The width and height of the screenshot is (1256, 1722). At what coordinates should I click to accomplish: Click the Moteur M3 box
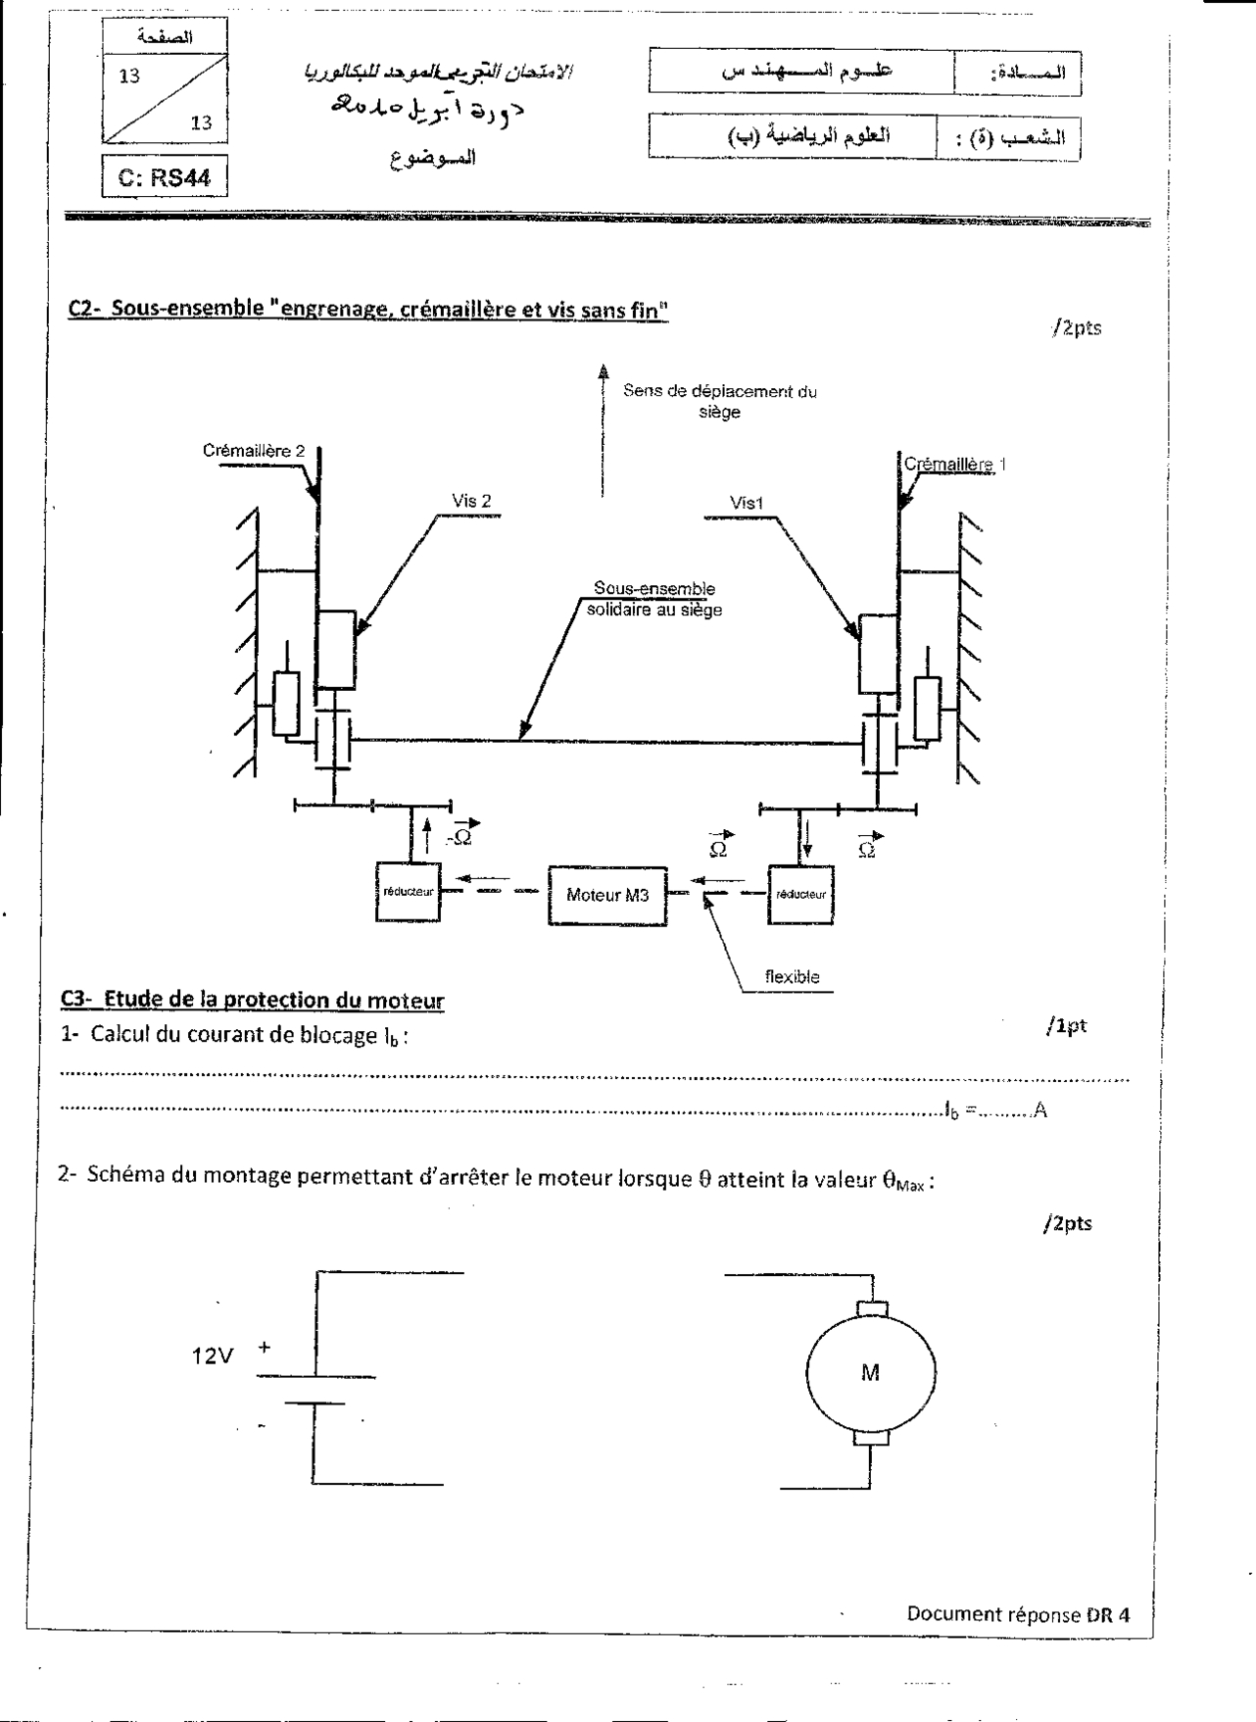click(607, 895)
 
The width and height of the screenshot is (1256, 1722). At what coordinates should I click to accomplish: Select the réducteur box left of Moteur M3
click(408, 892)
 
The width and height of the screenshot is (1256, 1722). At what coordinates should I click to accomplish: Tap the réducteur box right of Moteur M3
click(801, 893)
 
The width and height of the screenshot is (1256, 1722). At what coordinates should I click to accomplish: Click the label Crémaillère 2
click(254, 451)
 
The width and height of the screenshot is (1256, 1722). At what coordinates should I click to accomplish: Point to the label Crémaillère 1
click(953, 465)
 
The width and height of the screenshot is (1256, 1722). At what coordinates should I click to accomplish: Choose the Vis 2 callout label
click(471, 501)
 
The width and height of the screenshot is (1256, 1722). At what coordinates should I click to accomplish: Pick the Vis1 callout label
click(747, 503)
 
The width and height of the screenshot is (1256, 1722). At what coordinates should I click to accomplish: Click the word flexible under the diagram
click(792, 976)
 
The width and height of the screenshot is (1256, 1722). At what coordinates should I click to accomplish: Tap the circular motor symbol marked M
click(870, 1372)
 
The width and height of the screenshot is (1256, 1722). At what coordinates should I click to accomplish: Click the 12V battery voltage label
click(213, 1356)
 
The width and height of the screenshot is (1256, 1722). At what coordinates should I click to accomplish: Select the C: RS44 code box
click(164, 177)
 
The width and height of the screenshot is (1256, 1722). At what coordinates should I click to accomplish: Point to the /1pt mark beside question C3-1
click(1066, 1026)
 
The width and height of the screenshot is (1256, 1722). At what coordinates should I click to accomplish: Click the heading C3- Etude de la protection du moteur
click(253, 1000)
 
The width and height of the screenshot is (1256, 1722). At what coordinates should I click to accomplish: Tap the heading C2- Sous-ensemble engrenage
click(368, 308)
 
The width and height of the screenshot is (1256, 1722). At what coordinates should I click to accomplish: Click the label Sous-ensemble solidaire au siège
click(654, 599)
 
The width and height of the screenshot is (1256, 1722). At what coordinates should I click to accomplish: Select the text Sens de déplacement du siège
click(719, 401)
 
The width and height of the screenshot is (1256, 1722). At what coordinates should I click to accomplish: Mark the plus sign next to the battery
click(264, 1349)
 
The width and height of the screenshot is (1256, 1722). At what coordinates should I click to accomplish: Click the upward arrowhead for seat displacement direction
click(603, 371)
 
